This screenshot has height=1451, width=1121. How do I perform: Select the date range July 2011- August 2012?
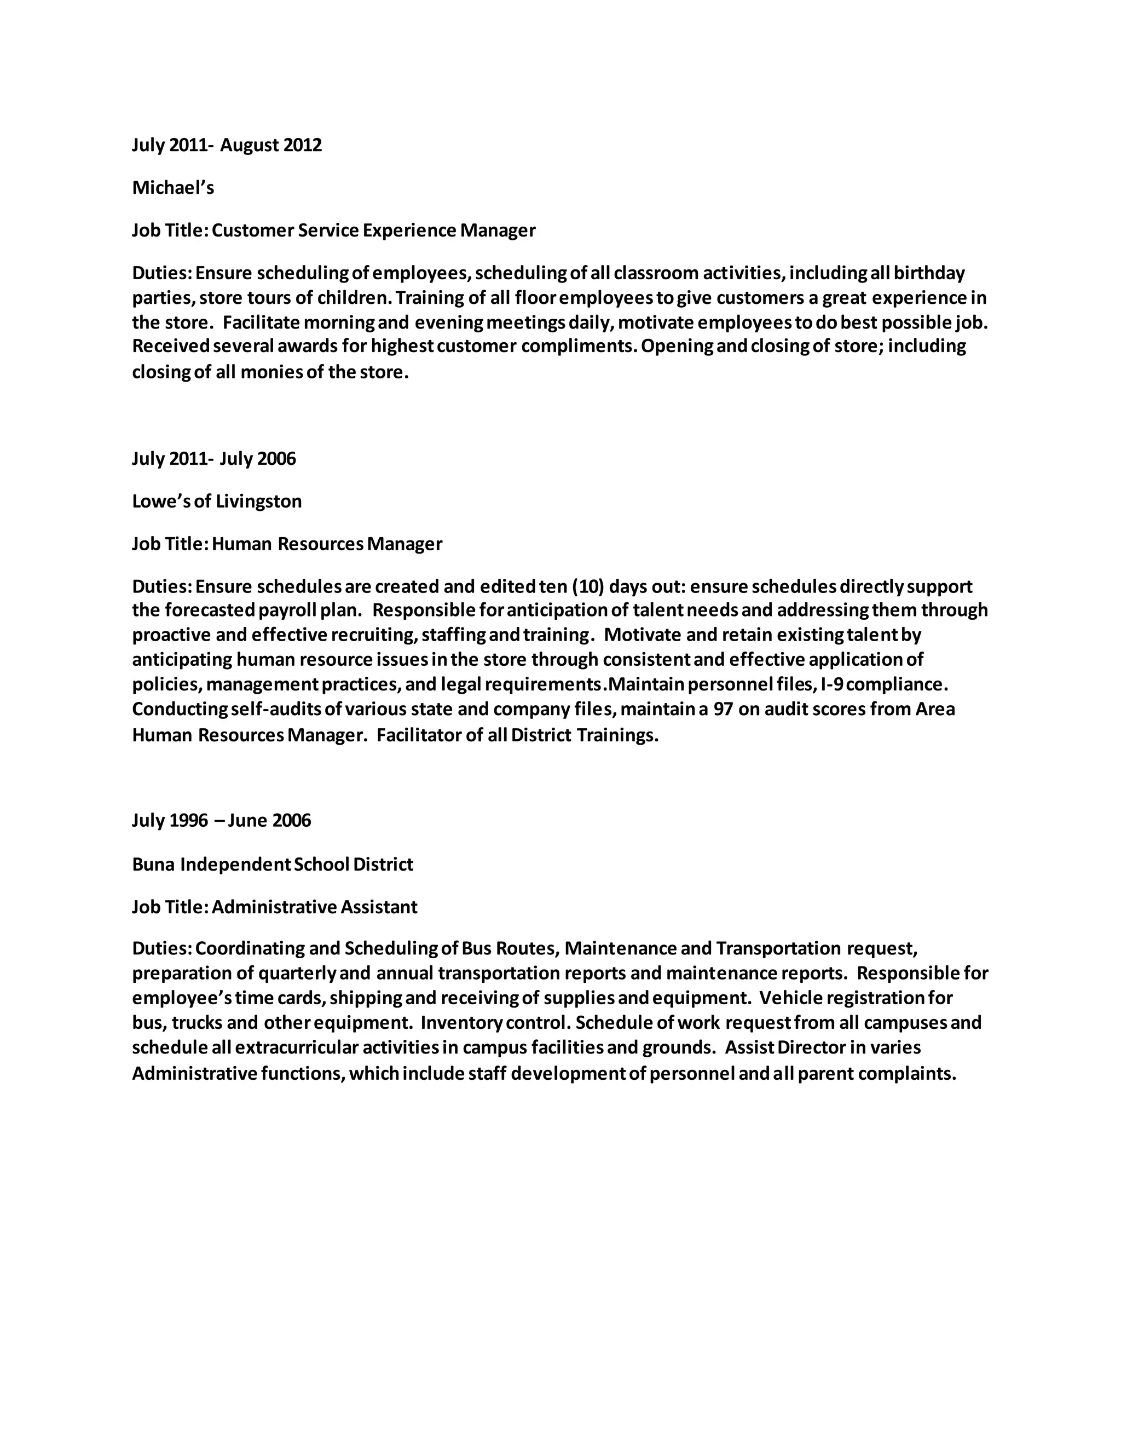point(227,145)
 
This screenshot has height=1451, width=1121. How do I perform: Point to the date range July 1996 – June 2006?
point(221,821)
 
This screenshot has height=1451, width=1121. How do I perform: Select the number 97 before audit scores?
point(723,709)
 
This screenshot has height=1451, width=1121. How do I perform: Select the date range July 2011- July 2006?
point(214,458)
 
